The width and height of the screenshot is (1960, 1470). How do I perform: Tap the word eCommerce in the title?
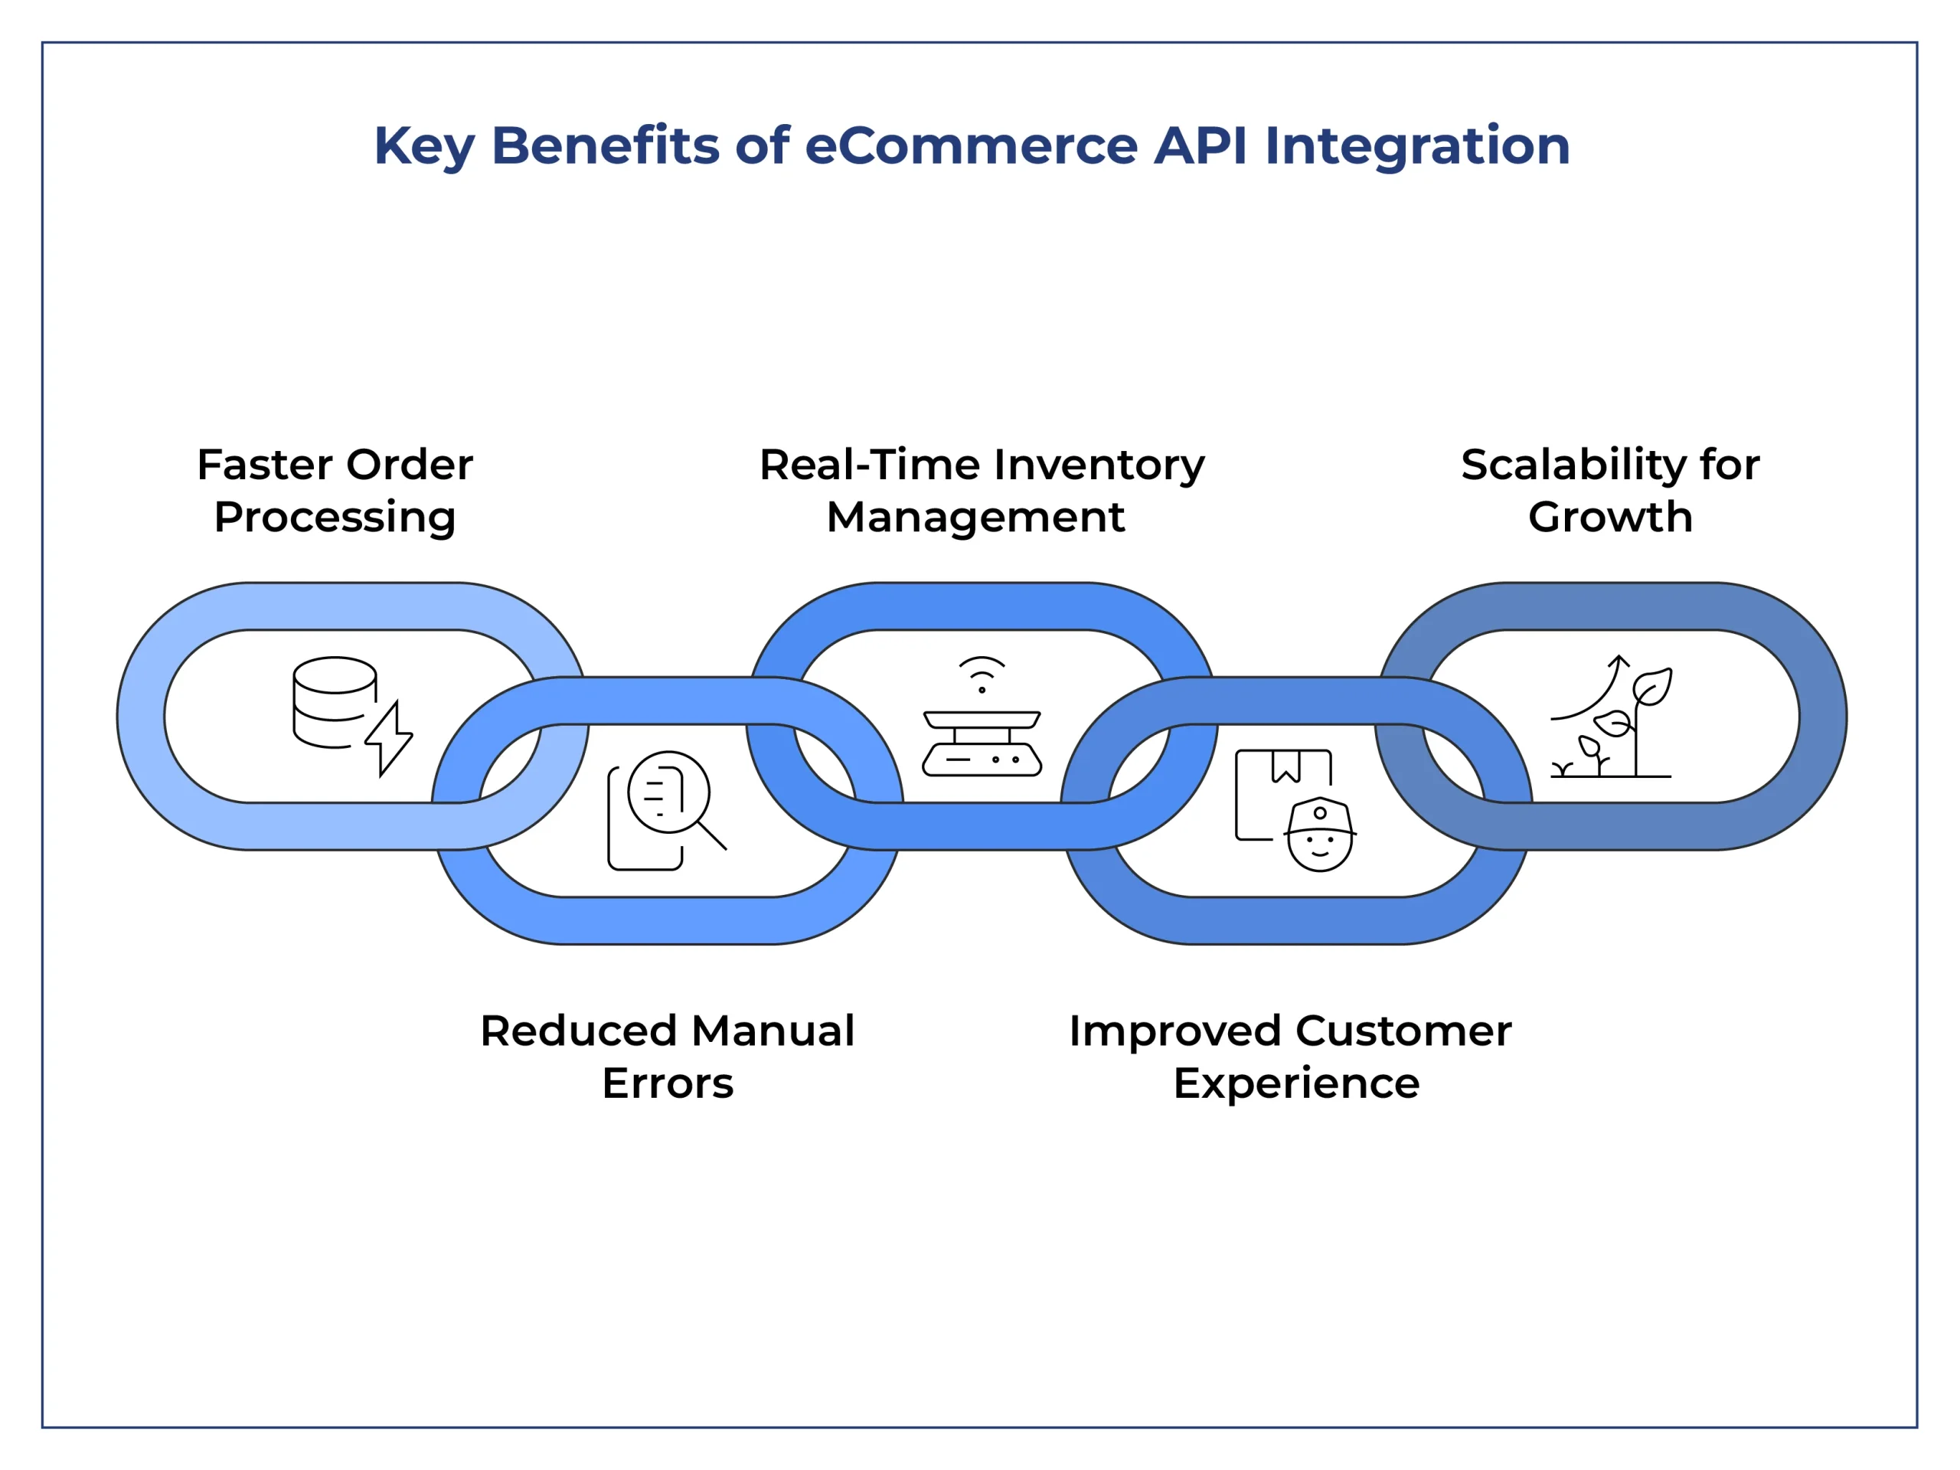(970, 145)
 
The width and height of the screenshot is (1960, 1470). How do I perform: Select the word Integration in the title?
(1417, 147)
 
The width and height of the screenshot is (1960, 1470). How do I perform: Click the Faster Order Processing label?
(335, 490)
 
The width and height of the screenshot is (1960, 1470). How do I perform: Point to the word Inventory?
(1099, 466)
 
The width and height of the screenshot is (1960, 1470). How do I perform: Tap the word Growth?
(1610, 518)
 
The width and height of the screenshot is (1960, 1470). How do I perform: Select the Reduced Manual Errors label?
(667, 1057)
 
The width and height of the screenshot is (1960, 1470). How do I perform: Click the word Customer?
(1403, 1031)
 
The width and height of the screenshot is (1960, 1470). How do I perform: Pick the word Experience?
(1295, 1083)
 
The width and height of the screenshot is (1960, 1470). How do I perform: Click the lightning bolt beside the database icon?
(389, 738)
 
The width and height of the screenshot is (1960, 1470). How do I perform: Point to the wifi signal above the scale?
(982, 672)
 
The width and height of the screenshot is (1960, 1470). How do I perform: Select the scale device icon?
(982, 743)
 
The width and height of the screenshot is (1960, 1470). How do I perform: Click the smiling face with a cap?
(1319, 837)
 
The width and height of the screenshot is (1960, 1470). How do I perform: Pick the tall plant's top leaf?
(1654, 687)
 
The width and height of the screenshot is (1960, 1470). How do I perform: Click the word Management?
(975, 518)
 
